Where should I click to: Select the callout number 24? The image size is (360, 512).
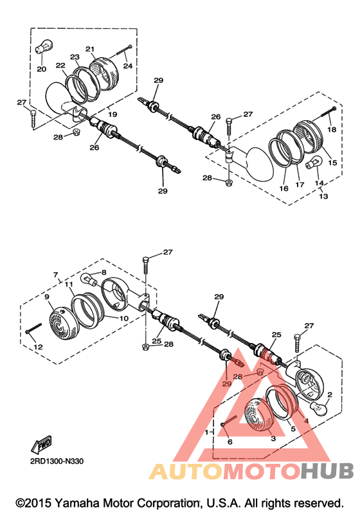(x=127, y=66)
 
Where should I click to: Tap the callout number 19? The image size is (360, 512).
(x=113, y=114)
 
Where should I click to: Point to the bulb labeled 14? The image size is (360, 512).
(x=314, y=162)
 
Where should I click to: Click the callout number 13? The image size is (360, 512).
(x=323, y=196)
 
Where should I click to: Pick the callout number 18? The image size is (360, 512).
(x=332, y=129)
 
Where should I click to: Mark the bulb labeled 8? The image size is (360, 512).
(x=89, y=279)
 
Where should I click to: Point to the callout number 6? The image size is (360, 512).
(x=230, y=442)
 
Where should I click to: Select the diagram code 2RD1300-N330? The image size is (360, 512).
(x=57, y=461)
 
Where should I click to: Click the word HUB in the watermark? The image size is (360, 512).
(x=327, y=471)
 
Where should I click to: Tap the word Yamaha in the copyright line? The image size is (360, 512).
(x=78, y=503)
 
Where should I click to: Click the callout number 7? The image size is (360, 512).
(x=55, y=275)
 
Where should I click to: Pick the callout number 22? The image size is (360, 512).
(x=60, y=66)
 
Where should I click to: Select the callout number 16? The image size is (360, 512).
(x=284, y=188)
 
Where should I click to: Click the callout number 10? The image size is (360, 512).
(x=124, y=319)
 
